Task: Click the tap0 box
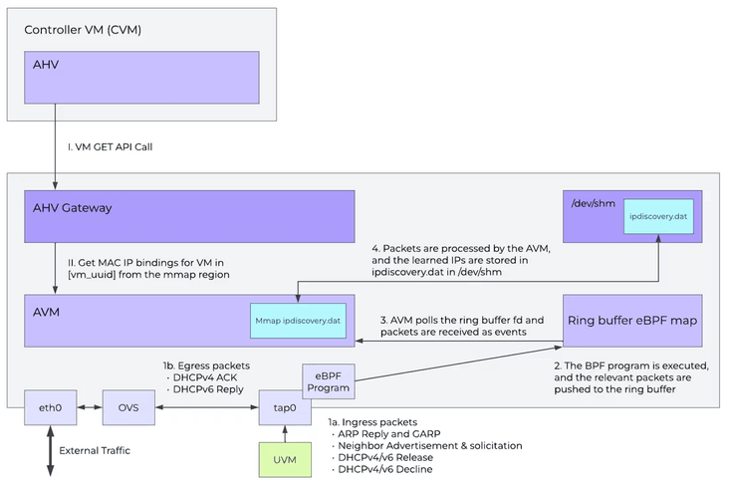286,406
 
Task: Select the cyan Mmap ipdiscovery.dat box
298,321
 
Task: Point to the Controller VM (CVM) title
84,30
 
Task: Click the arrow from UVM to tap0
285,431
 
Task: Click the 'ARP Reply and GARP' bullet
388,434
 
